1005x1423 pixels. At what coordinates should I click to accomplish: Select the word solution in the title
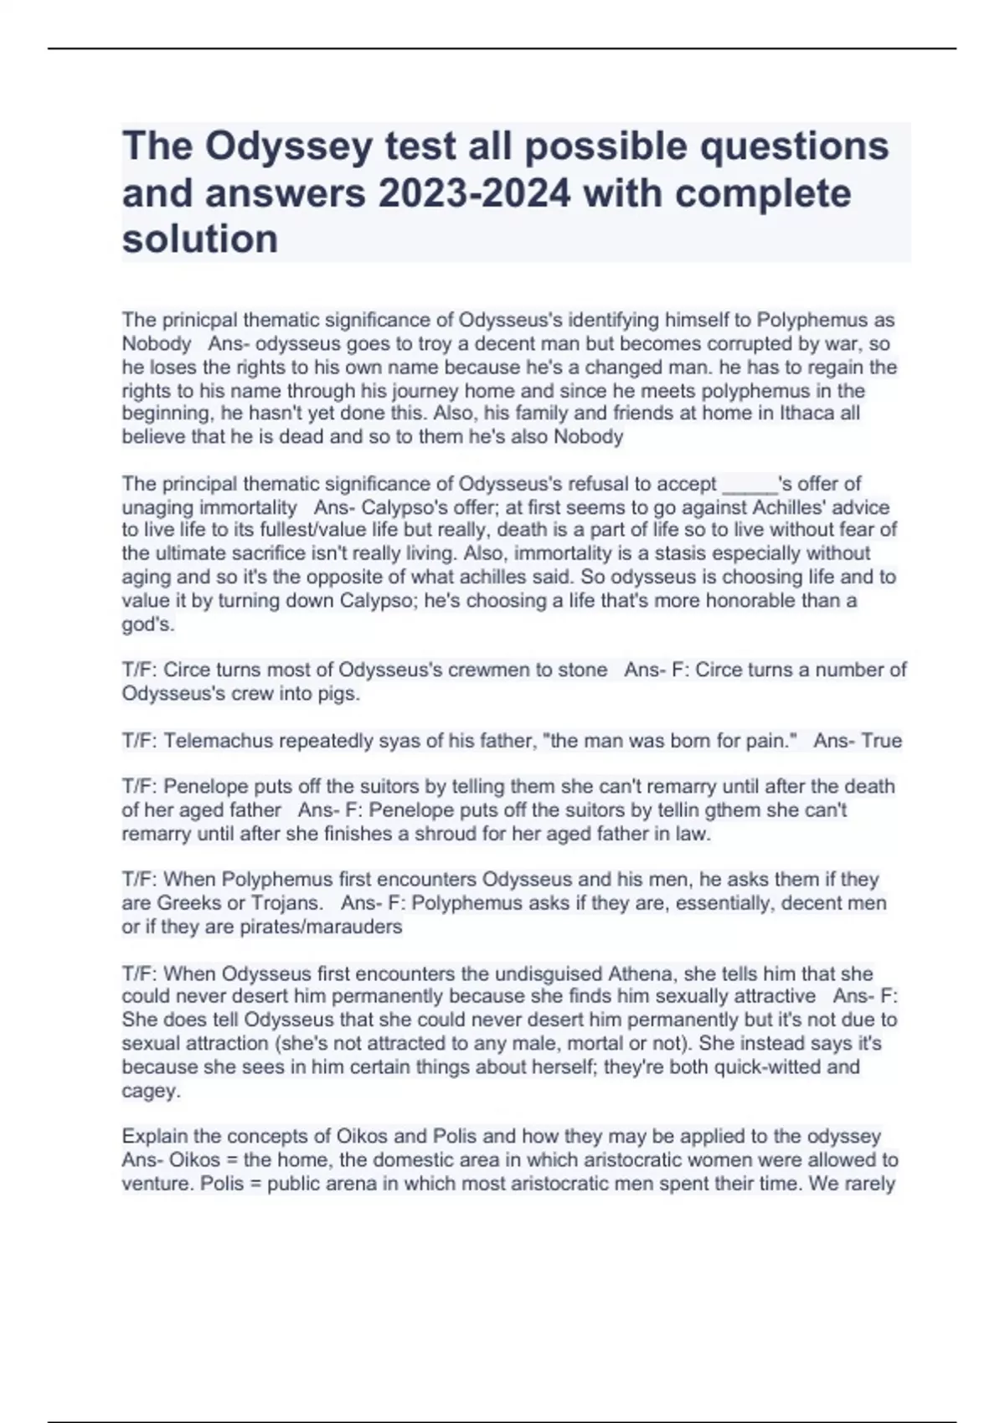pos(200,239)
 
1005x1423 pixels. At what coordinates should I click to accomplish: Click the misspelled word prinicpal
pos(195,320)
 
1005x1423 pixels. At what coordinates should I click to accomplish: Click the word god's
pos(147,624)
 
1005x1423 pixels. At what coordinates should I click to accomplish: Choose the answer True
pos(880,741)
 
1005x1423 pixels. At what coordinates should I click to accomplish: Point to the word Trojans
pos(286,903)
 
